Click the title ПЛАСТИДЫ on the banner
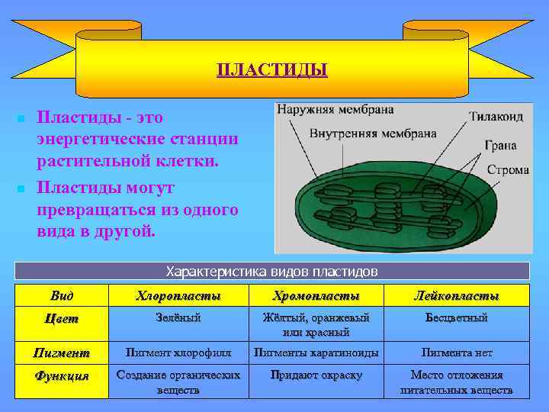272,71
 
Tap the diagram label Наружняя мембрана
335,109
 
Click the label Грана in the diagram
501,145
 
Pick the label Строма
507,169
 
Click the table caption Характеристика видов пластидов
272,272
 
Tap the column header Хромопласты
316,295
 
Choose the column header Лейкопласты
456,295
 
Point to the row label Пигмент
63,352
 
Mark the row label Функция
63,375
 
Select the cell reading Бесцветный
456,317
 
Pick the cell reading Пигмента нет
456,352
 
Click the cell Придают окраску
316,375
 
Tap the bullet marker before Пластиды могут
21,188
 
